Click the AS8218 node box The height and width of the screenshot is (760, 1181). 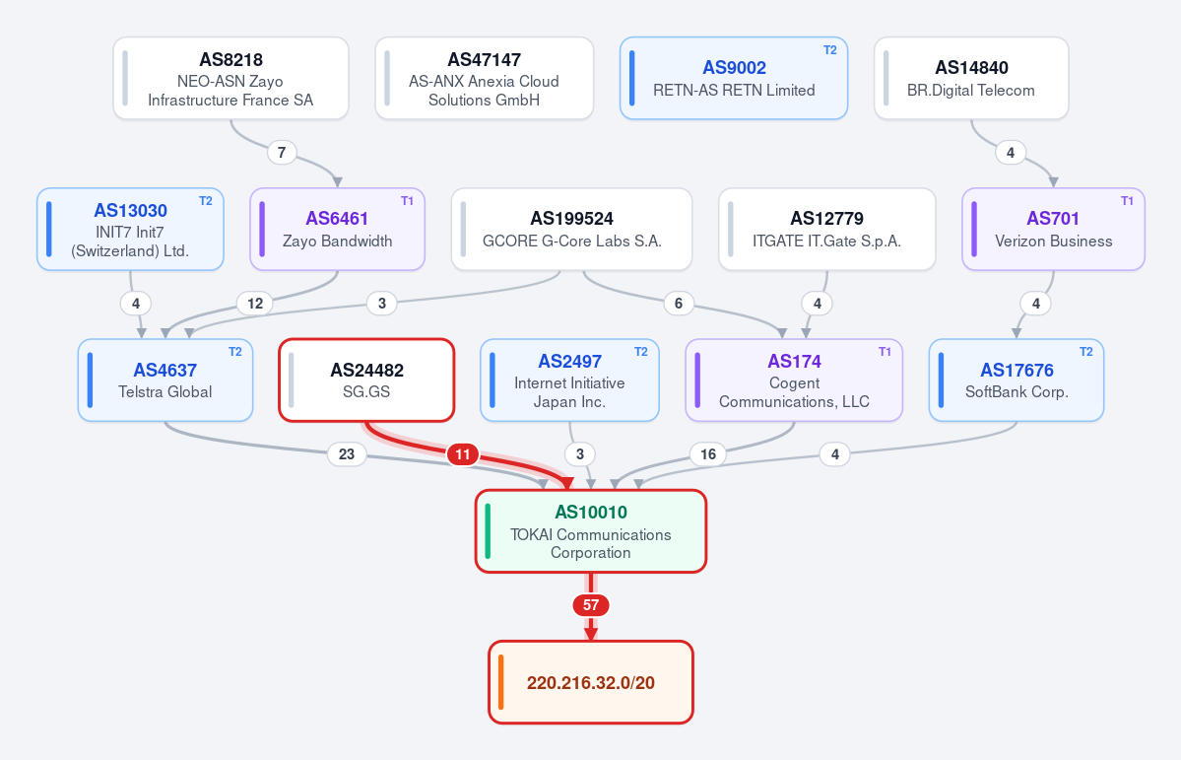[230, 79]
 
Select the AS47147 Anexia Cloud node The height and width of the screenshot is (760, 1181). [485, 79]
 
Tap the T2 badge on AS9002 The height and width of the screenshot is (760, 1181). [830, 50]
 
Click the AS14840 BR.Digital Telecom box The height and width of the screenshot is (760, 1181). [971, 79]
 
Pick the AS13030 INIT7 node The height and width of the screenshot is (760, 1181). [130, 230]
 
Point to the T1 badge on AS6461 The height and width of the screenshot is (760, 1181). [408, 201]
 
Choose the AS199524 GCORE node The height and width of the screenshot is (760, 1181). [571, 230]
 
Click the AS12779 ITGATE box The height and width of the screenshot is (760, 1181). [827, 230]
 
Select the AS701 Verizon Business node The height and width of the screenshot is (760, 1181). [1053, 230]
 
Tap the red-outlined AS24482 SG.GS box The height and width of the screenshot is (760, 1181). [366, 380]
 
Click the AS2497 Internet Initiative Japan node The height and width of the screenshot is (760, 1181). [569, 380]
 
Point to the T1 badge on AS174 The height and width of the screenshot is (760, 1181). [885, 352]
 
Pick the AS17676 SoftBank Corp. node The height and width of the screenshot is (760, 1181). [1017, 380]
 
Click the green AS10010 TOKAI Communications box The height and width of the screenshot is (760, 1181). [591, 531]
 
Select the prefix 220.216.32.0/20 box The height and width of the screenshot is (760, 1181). [591, 682]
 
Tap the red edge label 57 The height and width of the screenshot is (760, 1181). [591, 605]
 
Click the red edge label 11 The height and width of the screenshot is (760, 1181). [463, 454]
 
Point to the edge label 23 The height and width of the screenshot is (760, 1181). [347, 454]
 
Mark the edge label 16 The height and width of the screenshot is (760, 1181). [708, 454]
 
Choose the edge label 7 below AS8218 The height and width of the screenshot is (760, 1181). [282, 153]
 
